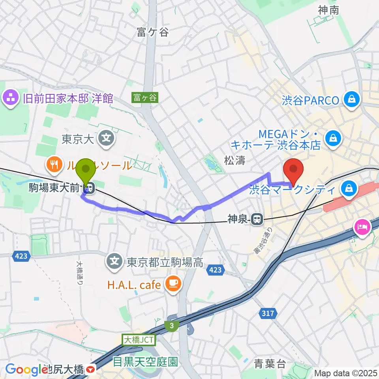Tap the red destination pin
point(293,169)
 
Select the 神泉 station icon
point(258,218)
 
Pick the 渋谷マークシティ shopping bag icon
point(349,189)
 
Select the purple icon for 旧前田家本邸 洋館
point(10,98)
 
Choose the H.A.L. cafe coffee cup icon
point(172,284)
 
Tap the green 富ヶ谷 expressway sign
point(145,98)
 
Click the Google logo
point(26,370)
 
